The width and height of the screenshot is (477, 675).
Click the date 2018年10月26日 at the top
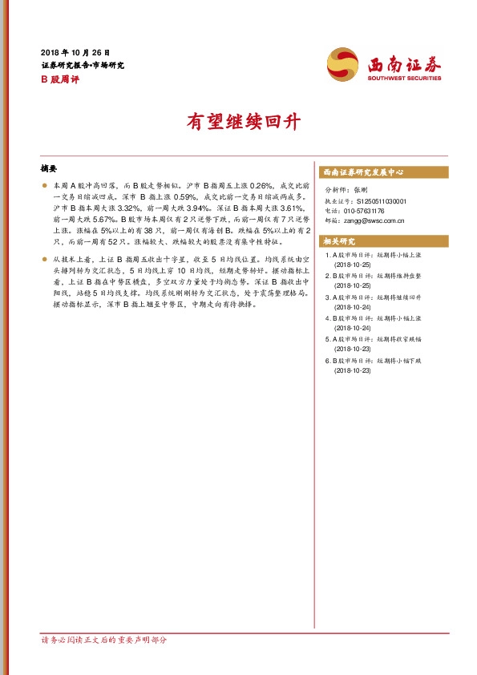coord(75,51)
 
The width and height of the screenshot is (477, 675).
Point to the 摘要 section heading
coord(49,169)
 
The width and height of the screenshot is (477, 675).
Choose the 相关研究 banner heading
coord(342,240)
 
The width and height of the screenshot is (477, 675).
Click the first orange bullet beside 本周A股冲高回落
coord(44,185)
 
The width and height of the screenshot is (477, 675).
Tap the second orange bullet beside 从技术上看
coord(44,260)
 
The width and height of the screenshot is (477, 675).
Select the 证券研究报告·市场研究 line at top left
coord(83,65)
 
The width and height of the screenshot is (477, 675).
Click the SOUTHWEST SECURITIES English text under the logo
coord(404,78)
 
